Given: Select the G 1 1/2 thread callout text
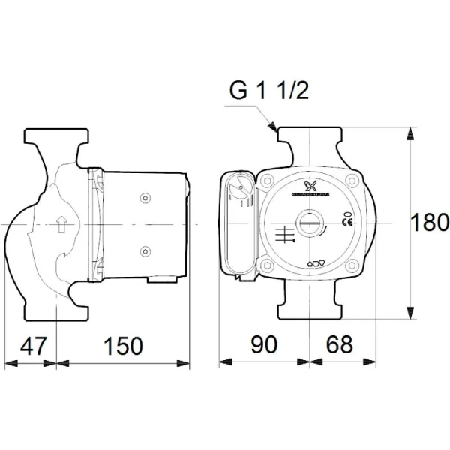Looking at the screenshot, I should tap(268, 91).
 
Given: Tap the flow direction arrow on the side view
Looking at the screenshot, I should tap(61, 223).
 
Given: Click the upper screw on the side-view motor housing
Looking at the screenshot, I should tap(145, 199).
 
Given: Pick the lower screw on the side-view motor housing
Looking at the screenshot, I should tap(145, 250).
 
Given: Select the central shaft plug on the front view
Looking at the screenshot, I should tap(309, 223).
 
